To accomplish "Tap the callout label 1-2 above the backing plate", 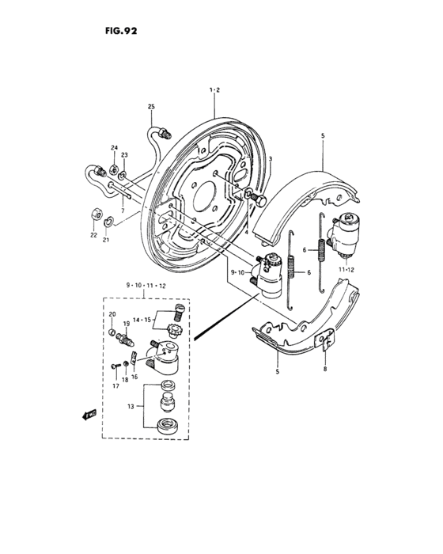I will tap(214, 91).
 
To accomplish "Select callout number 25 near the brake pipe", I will tap(151, 106).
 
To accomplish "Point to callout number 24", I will tap(114, 149).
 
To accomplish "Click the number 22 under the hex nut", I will tap(93, 234).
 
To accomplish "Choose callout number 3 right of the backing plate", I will tap(270, 159).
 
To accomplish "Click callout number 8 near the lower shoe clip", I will tap(324, 369).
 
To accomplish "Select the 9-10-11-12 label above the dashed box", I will tap(144, 285).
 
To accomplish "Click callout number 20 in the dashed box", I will tap(112, 314).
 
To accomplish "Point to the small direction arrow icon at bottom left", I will tap(88, 413).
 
